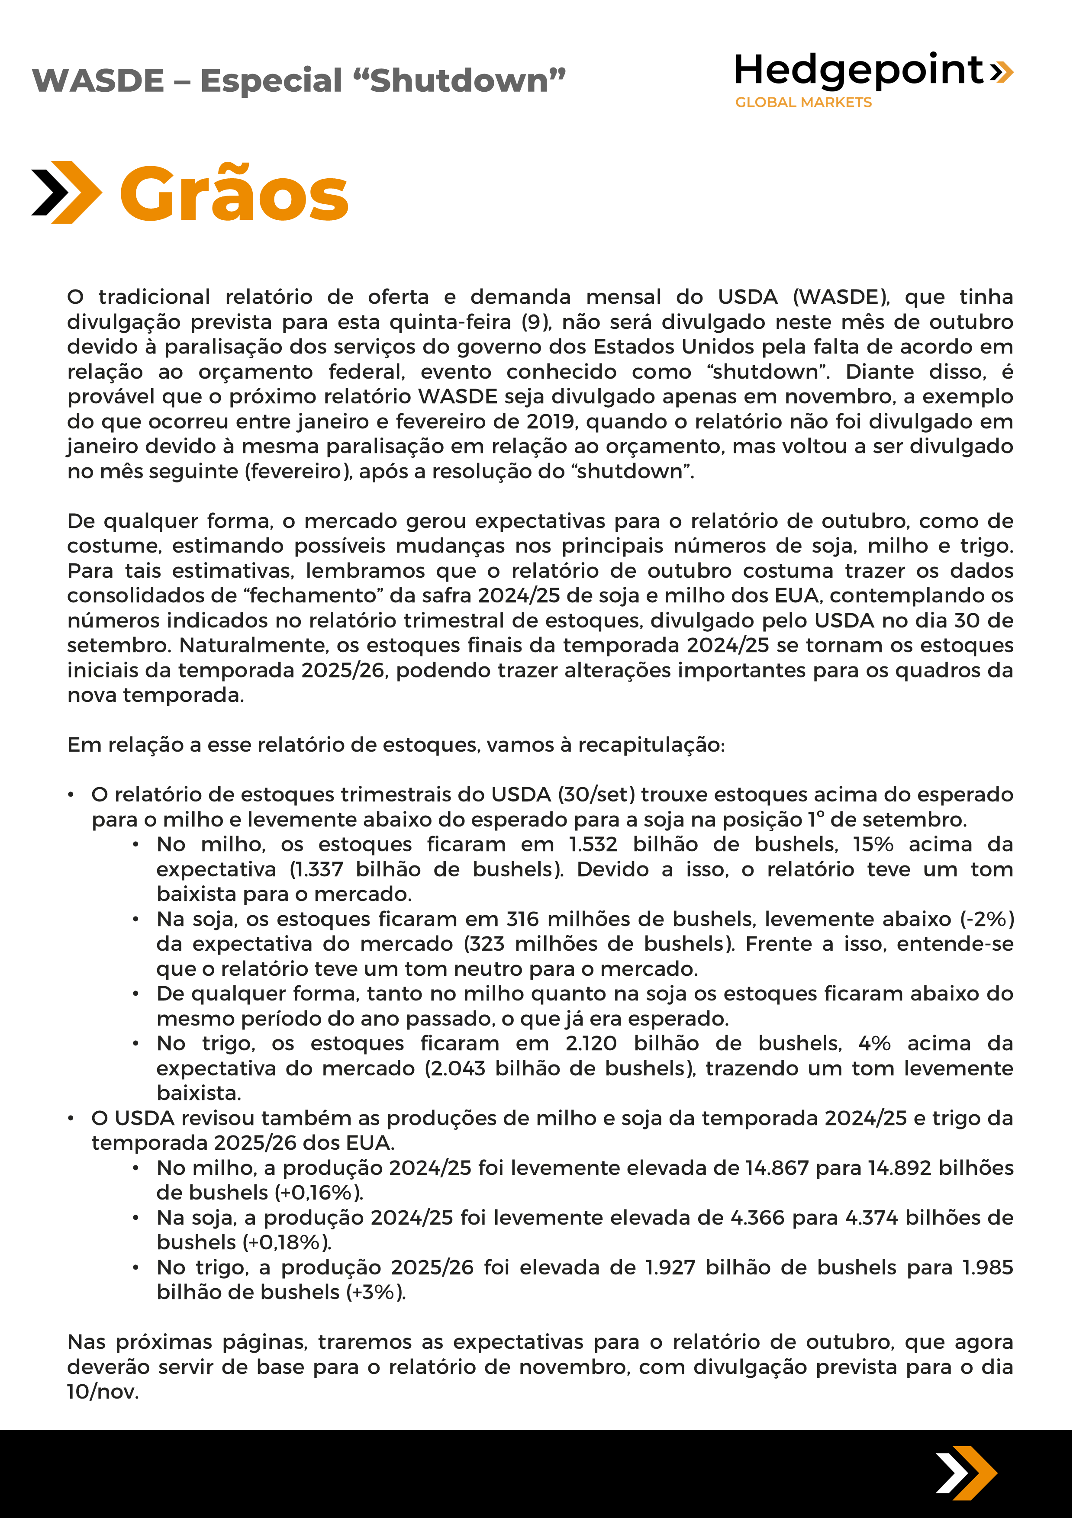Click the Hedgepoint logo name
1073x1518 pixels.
coord(860,70)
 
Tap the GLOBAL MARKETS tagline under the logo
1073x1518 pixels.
coord(803,103)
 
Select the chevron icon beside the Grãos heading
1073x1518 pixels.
coord(66,193)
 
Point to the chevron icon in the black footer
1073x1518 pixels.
coord(965,1473)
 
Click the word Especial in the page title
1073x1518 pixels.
coord(271,80)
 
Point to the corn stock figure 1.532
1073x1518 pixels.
coord(593,844)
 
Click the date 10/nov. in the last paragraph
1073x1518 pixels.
coord(103,1392)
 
